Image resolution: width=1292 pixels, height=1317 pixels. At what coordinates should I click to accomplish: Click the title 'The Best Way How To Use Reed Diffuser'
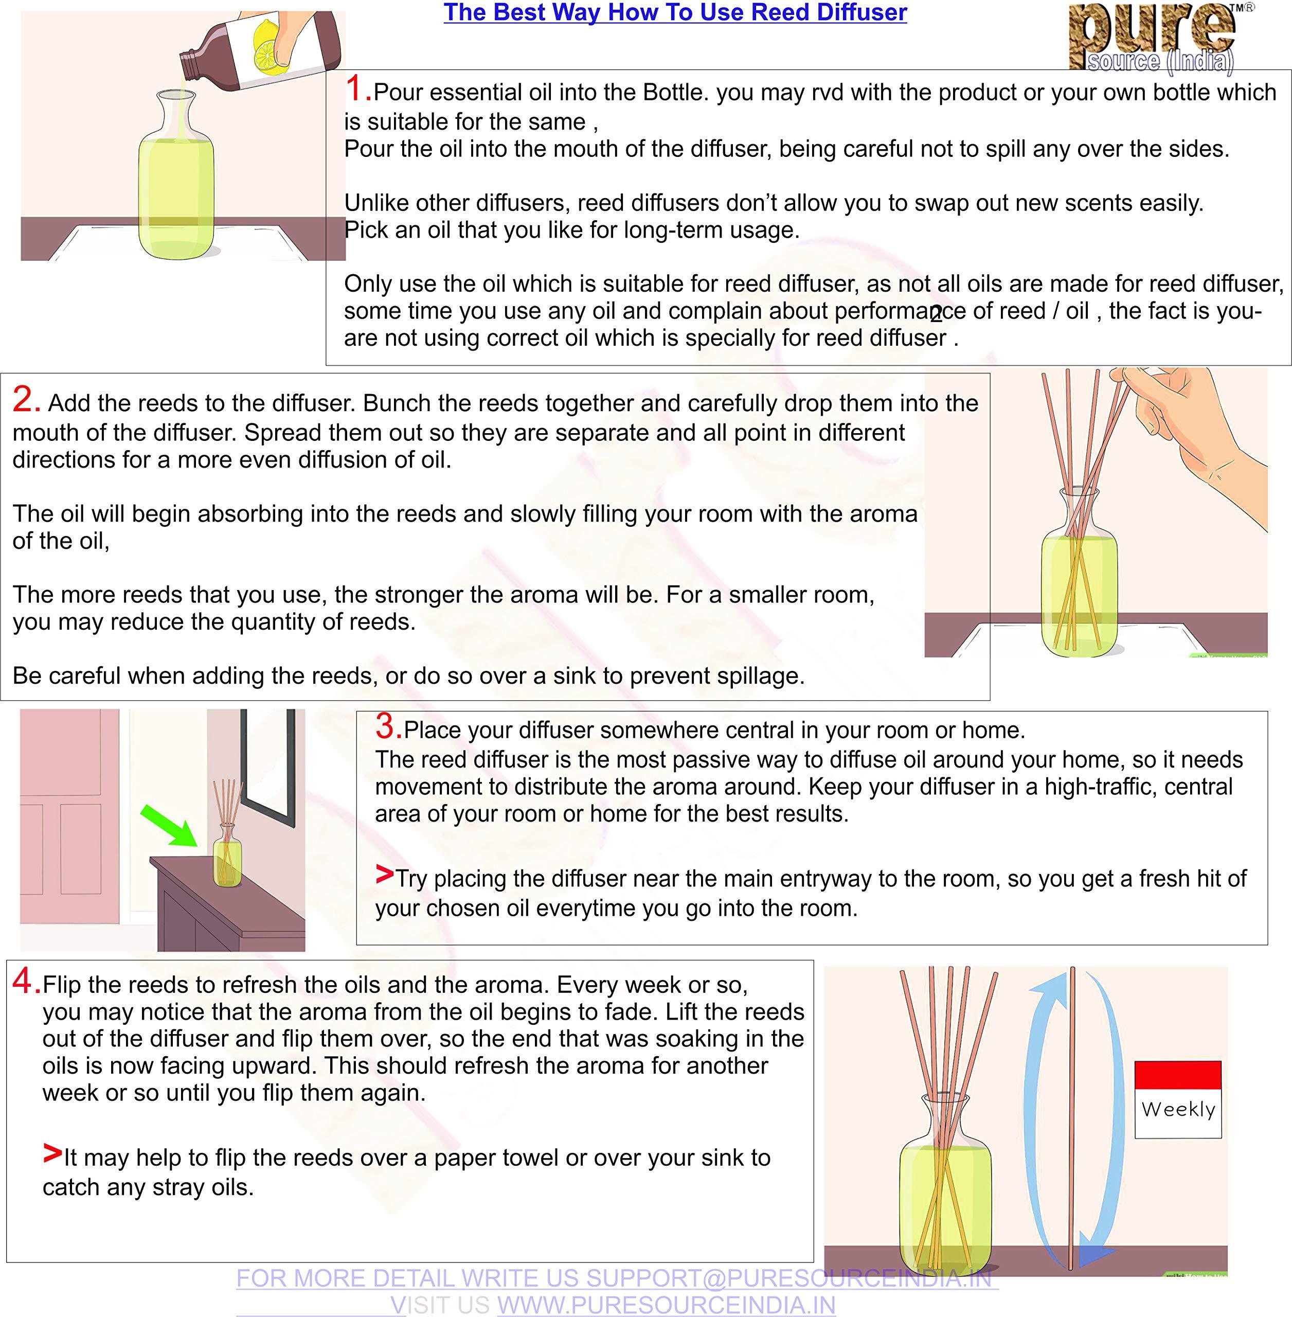tap(675, 13)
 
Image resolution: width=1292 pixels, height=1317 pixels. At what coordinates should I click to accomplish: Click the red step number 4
tap(25, 982)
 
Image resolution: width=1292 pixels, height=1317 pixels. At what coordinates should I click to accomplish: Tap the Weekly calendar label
tap(1178, 1109)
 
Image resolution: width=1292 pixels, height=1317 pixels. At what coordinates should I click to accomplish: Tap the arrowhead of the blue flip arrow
tap(1092, 1258)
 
